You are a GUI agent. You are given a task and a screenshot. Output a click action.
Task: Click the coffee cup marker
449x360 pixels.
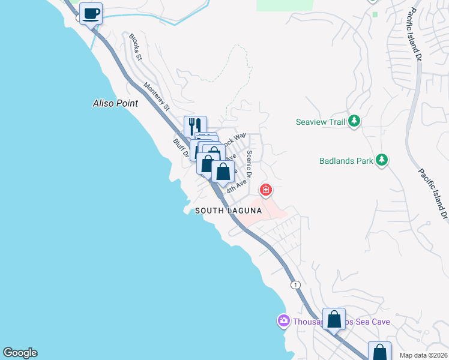click(x=91, y=13)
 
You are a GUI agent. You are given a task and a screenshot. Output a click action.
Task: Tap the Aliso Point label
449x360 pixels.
click(x=115, y=103)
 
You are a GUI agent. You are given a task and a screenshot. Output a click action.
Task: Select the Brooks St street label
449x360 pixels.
click(x=135, y=47)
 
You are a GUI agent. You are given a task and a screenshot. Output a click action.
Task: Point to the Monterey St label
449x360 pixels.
click(x=156, y=96)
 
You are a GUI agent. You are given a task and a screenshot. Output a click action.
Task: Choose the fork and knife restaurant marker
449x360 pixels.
click(x=195, y=127)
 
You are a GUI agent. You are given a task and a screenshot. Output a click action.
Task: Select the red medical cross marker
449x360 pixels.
click(x=265, y=190)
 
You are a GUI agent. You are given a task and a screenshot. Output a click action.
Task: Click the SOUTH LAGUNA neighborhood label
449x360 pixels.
click(x=228, y=211)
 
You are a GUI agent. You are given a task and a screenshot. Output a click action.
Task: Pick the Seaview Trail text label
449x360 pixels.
click(x=321, y=122)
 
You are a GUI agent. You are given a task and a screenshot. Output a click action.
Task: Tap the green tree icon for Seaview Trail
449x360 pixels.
click(x=354, y=121)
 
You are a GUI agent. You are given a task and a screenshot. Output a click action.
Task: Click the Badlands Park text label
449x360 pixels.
click(x=345, y=160)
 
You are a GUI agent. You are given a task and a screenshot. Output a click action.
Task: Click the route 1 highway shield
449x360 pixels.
click(x=295, y=284)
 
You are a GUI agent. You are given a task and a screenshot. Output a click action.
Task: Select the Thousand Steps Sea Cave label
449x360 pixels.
click(x=342, y=322)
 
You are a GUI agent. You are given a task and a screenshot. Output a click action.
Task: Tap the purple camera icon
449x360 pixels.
click(x=283, y=322)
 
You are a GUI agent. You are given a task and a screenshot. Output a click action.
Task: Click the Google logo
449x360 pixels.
click(x=20, y=353)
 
